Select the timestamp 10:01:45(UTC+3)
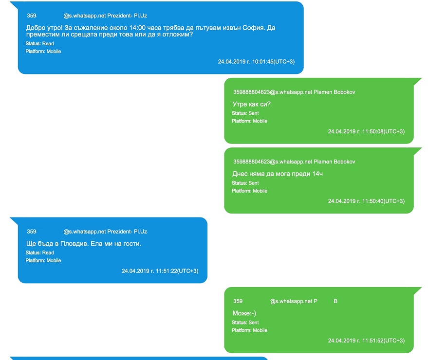273,62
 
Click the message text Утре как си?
251,104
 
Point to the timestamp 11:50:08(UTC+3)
383,131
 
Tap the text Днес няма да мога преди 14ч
278,174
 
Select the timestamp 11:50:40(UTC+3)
383,201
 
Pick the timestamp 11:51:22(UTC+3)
177,271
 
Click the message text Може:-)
244,313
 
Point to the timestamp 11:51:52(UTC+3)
383,341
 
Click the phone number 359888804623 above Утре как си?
251,92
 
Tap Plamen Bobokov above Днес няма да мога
335,162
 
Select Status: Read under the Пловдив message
39,253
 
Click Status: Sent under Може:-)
245,323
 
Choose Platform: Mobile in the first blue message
43,52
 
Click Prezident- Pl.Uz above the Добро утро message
127,16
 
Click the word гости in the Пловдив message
131,244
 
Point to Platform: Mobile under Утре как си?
249,121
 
